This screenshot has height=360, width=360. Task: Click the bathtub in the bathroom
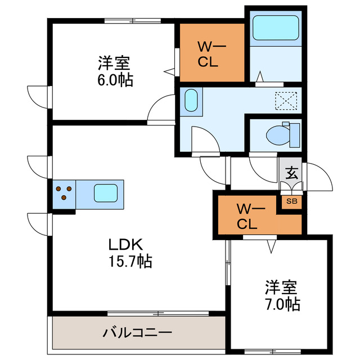point(276,28)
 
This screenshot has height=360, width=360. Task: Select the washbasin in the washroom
point(191,101)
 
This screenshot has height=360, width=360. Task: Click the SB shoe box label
point(292,201)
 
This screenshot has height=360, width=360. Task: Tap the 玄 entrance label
point(292,173)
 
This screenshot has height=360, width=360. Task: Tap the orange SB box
point(292,201)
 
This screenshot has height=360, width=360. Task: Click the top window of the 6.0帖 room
point(133,21)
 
